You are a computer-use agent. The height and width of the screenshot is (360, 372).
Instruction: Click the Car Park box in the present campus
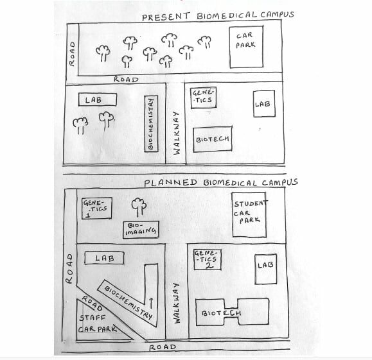(246, 47)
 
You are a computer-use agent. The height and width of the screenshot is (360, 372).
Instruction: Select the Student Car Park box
(249, 215)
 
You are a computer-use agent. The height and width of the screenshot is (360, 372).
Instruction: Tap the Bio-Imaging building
(141, 230)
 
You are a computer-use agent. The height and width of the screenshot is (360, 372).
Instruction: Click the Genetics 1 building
(97, 208)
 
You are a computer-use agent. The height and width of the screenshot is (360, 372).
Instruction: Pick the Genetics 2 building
(208, 259)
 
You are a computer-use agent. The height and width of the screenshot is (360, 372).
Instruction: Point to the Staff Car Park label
(97, 323)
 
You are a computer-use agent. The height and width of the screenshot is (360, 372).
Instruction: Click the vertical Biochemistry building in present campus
(151, 124)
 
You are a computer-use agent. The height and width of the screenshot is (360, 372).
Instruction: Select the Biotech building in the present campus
(213, 139)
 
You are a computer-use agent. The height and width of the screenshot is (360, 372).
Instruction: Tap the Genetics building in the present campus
(204, 98)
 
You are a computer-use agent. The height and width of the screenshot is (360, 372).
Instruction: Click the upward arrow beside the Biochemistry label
(151, 304)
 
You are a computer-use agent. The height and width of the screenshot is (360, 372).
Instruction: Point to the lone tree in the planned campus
(139, 207)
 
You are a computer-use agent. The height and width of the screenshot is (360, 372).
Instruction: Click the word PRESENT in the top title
(166, 17)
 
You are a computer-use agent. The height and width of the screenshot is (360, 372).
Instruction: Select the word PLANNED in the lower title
(170, 182)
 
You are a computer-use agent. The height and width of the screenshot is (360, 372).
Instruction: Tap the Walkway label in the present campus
(177, 133)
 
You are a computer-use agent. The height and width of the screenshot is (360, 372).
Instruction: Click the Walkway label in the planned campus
(177, 303)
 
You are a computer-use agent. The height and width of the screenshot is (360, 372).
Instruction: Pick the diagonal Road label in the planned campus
(92, 303)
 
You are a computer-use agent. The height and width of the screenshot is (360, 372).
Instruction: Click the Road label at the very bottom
(163, 347)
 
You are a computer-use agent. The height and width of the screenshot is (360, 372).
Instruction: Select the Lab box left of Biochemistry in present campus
(98, 99)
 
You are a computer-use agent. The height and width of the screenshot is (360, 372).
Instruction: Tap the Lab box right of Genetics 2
(266, 270)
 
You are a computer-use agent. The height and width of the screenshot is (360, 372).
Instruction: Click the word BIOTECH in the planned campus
(222, 313)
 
